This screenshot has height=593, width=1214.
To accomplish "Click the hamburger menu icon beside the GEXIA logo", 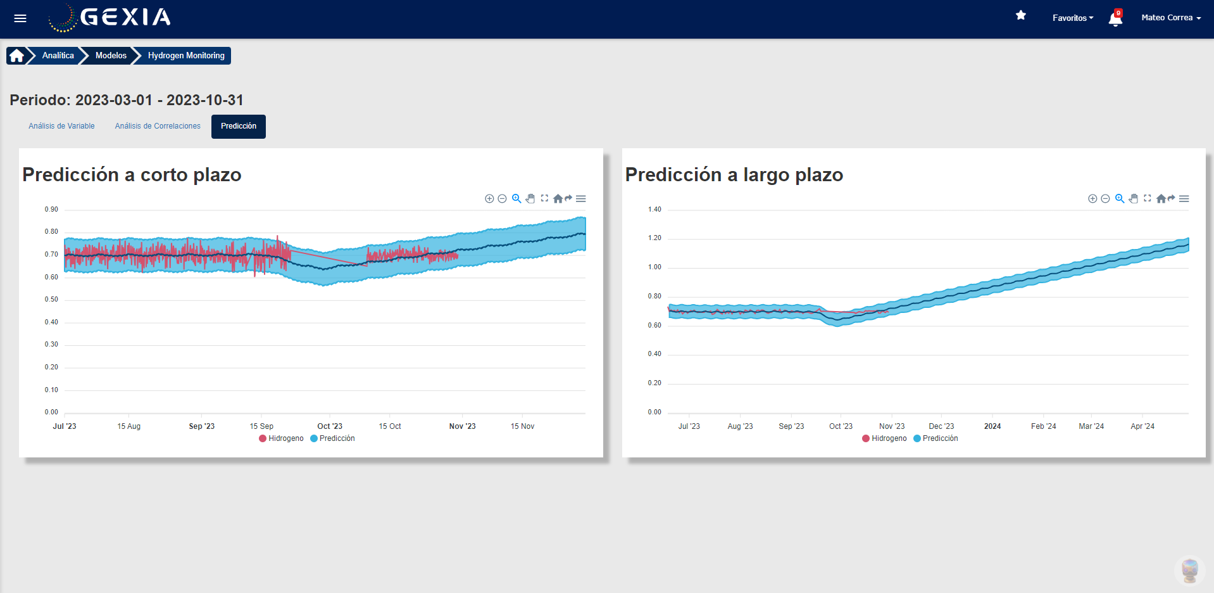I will (20, 18).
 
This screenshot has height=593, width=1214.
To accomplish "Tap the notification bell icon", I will (1115, 18).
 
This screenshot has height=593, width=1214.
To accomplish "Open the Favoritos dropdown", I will (1072, 18).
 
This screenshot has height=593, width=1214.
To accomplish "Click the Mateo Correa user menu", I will (1170, 18).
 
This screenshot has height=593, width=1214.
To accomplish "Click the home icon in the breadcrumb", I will (16, 56).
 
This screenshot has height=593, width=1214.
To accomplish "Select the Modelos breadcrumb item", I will (111, 56).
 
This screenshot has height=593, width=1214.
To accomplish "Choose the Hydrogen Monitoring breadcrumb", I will (186, 56).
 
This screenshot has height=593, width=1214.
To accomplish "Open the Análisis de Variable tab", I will (61, 126).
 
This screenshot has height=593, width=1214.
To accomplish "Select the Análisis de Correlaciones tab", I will (158, 126).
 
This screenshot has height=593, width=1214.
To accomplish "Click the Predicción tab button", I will (239, 126).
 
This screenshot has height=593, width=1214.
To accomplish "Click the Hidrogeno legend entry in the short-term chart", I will (282, 438).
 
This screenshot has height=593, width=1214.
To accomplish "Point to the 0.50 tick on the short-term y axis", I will (51, 300).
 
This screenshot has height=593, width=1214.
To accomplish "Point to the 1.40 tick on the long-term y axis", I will (654, 210).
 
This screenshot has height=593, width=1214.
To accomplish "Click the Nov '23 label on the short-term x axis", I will (462, 426).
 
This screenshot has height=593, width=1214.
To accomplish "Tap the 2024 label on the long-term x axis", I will (992, 426).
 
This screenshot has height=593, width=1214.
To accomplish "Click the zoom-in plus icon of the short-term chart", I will (489, 199).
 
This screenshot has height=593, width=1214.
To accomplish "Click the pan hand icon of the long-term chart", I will (1134, 199).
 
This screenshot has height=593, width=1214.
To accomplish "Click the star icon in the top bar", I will (1021, 15).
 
